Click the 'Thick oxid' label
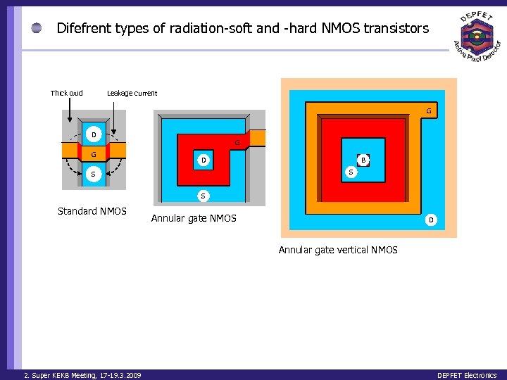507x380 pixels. coord(66,93)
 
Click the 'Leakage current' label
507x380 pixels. coord(132,93)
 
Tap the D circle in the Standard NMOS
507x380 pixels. coord(93,134)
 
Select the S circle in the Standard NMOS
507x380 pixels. coord(93,174)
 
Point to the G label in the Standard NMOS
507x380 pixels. coord(93,154)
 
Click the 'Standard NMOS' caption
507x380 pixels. coord(92,211)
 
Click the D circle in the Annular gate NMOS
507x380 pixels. coord(204,160)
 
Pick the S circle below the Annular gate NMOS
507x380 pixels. coord(203,195)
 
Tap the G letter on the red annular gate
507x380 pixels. coord(237,144)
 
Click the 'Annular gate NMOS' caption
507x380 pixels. coord(194,219)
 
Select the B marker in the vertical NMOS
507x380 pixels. coord(363,160)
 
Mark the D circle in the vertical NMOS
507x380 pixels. coord(431,221)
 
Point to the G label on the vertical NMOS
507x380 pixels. coord(429,111)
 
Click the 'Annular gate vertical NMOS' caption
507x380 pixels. coord(338,250)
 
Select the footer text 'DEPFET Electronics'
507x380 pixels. coord(466,375)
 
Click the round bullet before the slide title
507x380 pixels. coord(37,29)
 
